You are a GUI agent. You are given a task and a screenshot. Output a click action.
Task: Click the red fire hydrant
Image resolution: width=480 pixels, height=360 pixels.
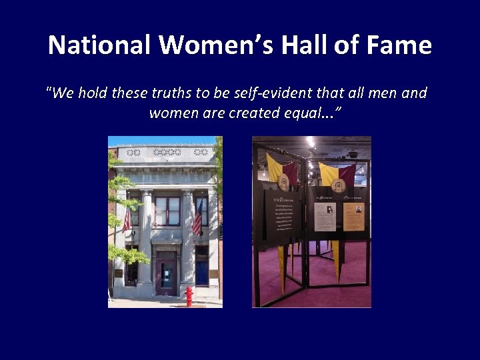pyautogui.click(x=189, y=295)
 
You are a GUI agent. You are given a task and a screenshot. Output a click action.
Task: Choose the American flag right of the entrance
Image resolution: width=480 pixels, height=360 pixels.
pyautogui.click(x=197, y=219)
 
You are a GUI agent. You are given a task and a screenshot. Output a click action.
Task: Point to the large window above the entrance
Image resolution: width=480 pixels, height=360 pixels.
pyautogui.click(x=167, y=211)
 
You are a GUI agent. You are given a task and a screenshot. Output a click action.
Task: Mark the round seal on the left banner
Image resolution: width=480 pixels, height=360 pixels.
pyautogui.click(x=284, y=182)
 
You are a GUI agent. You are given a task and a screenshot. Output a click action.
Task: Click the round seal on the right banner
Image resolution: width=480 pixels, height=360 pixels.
pyautogui.click(x=339, y=185)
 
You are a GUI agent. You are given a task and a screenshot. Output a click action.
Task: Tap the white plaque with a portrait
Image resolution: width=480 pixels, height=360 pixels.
pyautogui.click(x=325, y=217)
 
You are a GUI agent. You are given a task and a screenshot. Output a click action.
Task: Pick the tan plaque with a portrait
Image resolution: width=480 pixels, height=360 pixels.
pyautogui.click(x=354, y=217)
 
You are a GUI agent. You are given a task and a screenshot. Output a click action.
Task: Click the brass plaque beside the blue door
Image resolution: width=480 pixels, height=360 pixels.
pyautogui.click(x=214, y=273)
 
